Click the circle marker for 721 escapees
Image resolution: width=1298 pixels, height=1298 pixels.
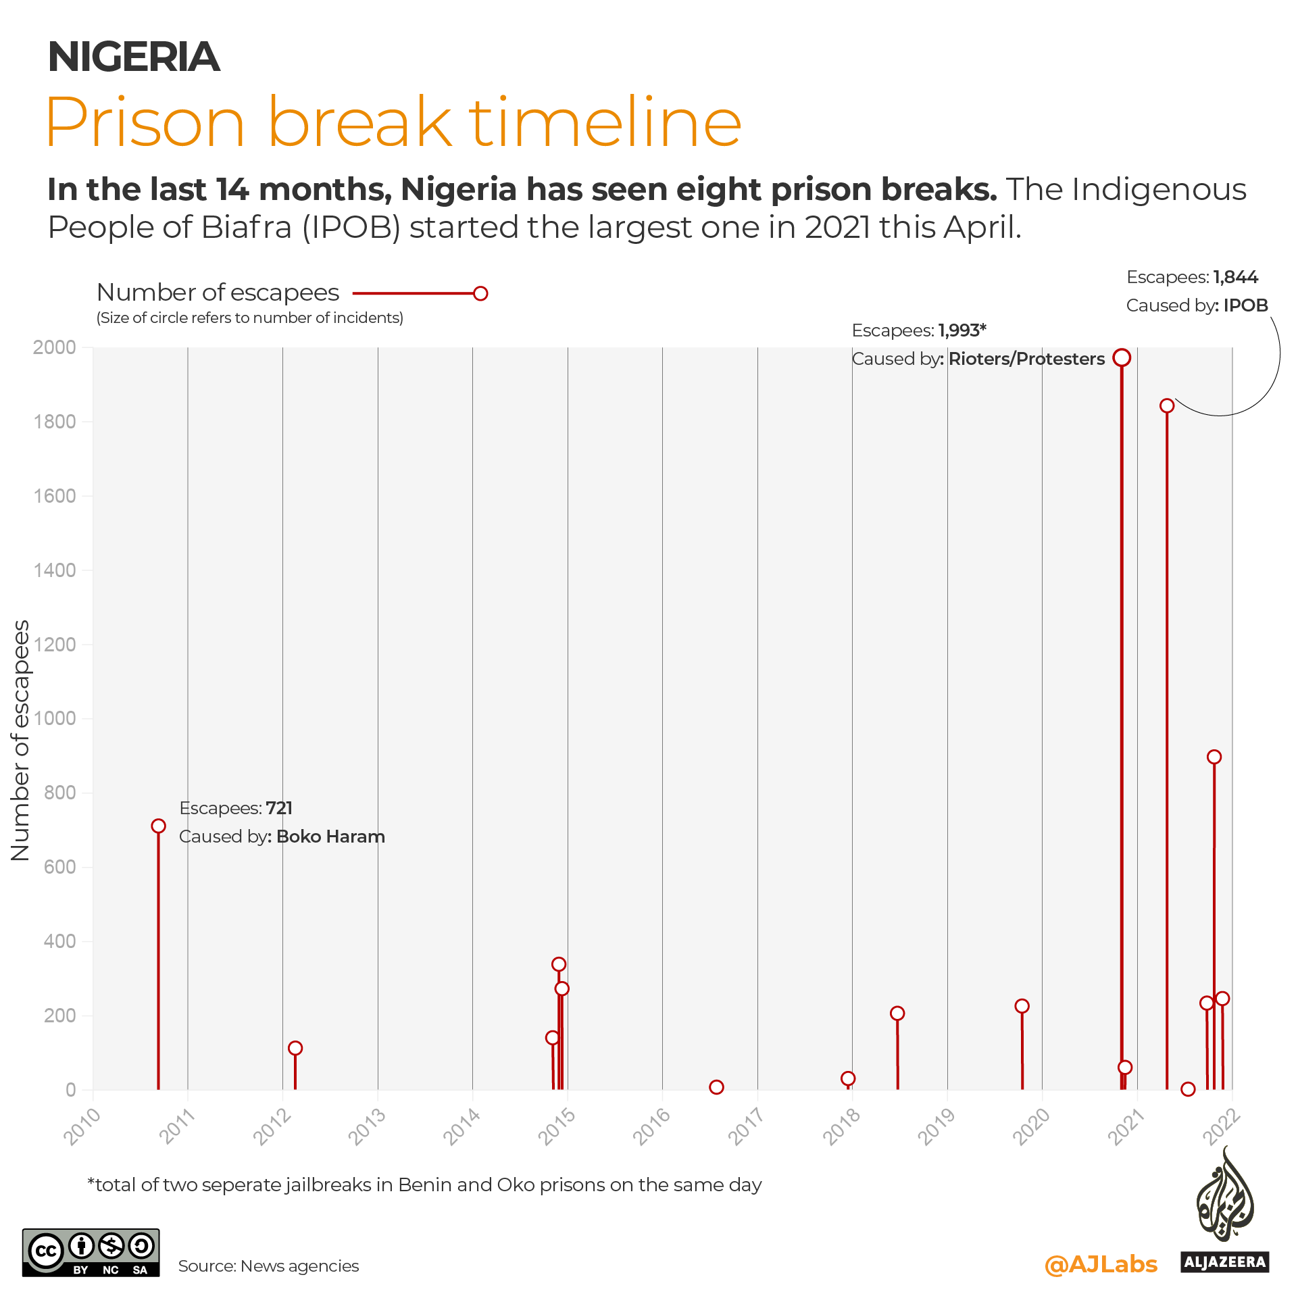[158, 826]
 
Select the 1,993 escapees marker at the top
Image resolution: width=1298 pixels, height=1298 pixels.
[1122, 357]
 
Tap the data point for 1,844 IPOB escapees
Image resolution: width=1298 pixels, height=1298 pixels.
[1167, 405]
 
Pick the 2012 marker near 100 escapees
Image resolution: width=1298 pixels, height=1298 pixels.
[295, 1048]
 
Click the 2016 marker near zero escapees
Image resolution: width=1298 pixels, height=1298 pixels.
[717, 1087]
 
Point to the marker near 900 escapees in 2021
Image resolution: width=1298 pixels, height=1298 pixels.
[1214, 757]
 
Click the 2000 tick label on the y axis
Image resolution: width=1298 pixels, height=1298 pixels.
[55, 347]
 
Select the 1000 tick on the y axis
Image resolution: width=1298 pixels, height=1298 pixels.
[55, 718]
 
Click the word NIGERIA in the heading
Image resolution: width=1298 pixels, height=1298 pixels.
[134, 57]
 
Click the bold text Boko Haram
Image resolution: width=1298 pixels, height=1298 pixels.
[330, 837]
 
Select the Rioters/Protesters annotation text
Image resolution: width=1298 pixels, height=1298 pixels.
[1026, 359]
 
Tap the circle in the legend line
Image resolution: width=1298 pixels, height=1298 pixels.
[480, 293]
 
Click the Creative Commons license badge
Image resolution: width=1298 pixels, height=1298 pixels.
[91, 1252]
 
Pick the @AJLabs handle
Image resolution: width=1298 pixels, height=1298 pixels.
[1101, 1264]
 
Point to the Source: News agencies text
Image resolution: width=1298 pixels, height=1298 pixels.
[268, 1266]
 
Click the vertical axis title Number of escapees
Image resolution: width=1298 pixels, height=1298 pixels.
[21, 740]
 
